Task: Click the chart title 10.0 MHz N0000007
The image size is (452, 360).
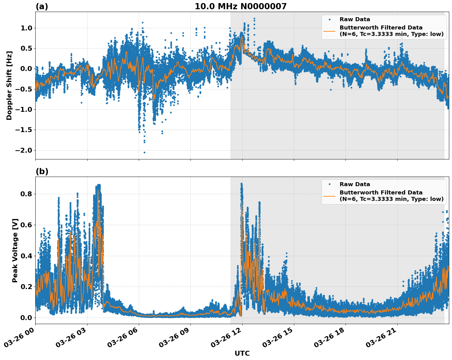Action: (240, 6)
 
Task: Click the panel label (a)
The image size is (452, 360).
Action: (42, 6)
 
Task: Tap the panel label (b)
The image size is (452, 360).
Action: (42, 171)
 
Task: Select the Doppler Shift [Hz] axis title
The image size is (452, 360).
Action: (9, 85)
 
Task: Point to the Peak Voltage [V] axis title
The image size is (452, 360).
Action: (15, 250)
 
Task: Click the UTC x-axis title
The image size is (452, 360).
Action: (242, 353)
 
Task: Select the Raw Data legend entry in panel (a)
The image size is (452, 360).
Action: (355, 19)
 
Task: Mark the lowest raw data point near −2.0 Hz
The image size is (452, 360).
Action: (144, 152)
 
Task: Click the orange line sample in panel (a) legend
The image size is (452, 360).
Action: (329, 31)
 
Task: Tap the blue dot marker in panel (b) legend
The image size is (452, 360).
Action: (329, 184)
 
